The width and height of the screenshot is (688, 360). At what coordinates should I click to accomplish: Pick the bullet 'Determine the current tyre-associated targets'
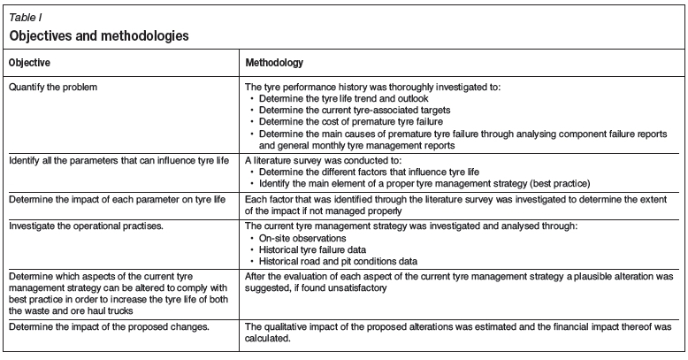(x=348, y=109)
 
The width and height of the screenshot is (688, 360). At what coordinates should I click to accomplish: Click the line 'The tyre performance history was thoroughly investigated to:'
(x=357, y=87)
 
